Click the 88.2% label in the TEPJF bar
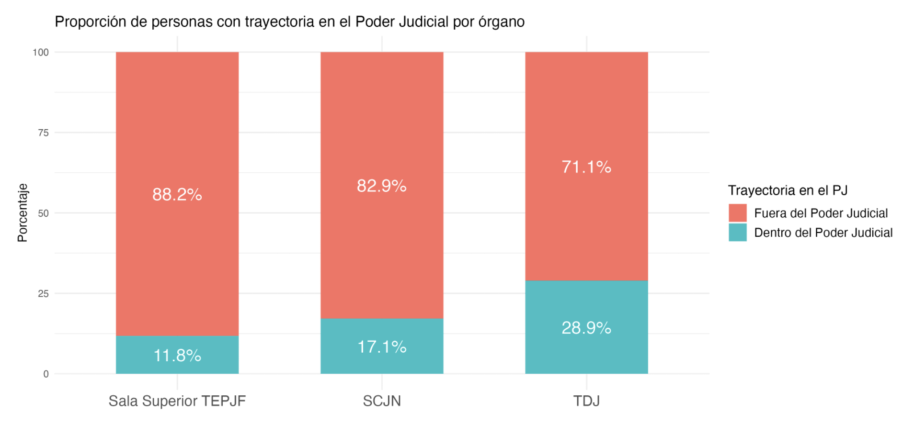[x=177, y=195]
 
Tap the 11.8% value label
[x=177, y=356]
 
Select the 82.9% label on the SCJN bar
[x=381, y=186]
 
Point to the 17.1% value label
[x=381, y=347]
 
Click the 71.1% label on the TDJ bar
[x=586, y=167]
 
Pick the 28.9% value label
[x=586, y=328]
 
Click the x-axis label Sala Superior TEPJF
[x=177, y=401]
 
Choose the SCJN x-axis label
[x=381, y=401]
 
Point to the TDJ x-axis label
[x=586, y=401]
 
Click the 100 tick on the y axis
[x=41, y=53]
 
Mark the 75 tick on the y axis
[x=43, y=133]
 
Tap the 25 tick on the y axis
[x=43, y=294]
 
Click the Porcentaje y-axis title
[x=23, y=213]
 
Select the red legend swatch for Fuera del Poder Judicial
[x=737, y=213]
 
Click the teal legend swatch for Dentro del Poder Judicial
[x=737, y=233]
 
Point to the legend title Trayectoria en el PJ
[x=788, y=190]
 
